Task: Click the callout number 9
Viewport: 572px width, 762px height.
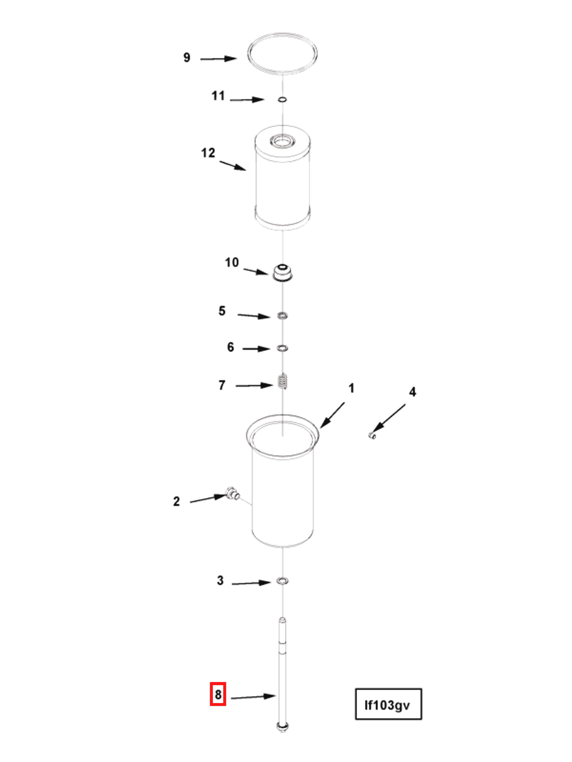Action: tap(187, 57)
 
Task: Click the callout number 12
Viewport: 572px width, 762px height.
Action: tap(208, 153)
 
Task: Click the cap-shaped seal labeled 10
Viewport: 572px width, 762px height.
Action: tap(282, 272)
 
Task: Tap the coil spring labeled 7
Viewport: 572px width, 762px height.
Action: tap(283, 381)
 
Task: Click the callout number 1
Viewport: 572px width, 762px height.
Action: tap(351, 388)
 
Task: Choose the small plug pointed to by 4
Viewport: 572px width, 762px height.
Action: tap(372, 436)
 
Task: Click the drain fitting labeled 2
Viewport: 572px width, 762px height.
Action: tap(233, 493)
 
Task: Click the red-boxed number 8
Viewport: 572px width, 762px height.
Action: tap(218, 694)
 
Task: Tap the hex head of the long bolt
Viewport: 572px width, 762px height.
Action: tap(282, 727)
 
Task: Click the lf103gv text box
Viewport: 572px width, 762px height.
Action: tap(388, 704)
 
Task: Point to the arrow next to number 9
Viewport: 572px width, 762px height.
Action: tap(219, 59)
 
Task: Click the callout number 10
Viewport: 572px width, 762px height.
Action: tap(232, 263)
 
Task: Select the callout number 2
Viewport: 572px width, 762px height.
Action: tap(176, 501)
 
